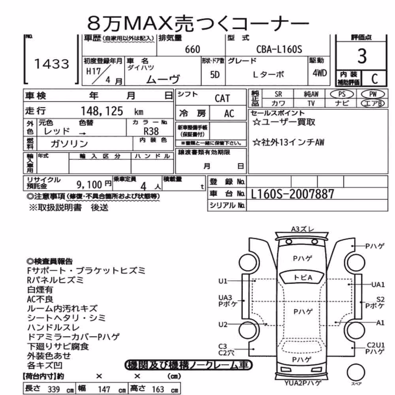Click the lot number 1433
point(52,64)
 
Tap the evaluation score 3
point(362,56)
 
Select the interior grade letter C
point(374,79)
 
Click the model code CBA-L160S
point(279,49)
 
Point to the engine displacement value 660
point(192,49)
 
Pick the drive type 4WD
point(320,73)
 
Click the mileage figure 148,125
point(102,111)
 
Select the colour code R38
point(151,131)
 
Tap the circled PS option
point(342,94)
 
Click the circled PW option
point(373,94)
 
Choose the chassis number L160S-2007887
point(292,194)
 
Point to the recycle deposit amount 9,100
point(89,185)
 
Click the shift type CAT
point(222,98)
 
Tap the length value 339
point(53,389)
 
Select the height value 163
point(158,389)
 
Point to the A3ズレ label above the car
point(303,229)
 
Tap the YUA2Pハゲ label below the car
point(303,383)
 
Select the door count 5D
point(214,75)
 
